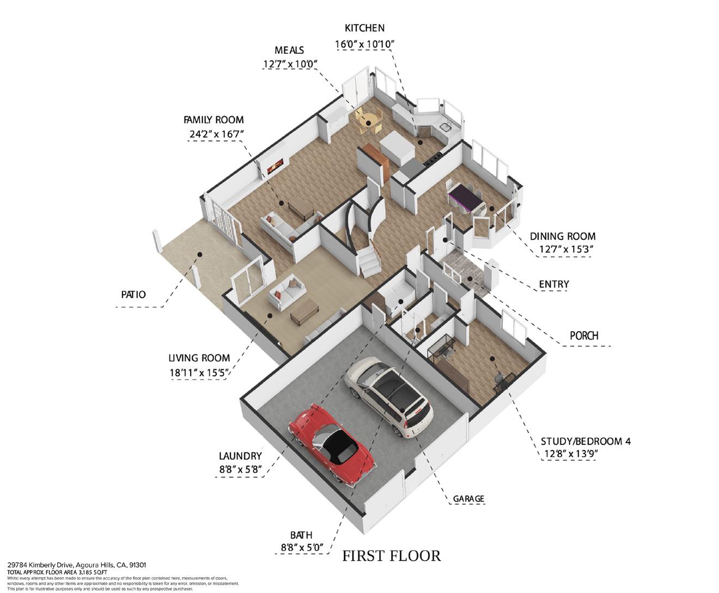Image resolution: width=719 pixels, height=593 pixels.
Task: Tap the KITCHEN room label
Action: pos(364,28)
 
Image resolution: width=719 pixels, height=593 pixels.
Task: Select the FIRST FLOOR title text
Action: pos(391,556)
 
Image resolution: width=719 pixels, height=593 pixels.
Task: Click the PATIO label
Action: pos(133,295)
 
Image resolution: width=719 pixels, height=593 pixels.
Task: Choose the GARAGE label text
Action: pos(468,499)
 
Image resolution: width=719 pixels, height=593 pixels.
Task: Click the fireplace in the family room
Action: pos(275,166)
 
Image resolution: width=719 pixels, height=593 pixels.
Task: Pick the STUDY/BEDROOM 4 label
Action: pos(586,441)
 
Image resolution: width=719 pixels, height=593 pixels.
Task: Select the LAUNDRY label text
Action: pos(240,456)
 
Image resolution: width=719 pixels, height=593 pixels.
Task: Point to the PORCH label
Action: pos(584,335)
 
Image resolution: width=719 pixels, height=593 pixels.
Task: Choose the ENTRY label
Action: pos(553,284)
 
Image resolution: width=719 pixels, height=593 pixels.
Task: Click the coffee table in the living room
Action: pos(304,311)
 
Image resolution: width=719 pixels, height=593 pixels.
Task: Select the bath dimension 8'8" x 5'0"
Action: pos(301,547)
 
